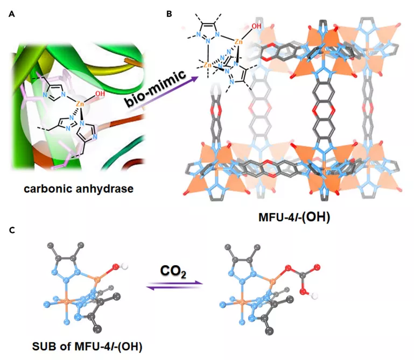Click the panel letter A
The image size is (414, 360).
coord(12,14)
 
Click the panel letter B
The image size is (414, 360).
coord(169,14)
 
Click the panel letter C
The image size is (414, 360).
coord(12,230)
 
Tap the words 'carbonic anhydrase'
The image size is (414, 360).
coord(79,189)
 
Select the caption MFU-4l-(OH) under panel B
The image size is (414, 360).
coord(294,217)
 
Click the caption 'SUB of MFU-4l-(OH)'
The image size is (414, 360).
coord(87,346)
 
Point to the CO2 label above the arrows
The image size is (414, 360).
coord(173,271)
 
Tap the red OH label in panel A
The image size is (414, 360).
coord(100,94)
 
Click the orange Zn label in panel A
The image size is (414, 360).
coord(80,104)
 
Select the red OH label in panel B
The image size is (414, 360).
coord(256,26)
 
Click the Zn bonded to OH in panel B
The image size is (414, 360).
coord(238,41)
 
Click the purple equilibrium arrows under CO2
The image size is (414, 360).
coord(174,285)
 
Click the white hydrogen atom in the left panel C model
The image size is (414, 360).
coord(124,266)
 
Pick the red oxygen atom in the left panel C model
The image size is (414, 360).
coord(116,267)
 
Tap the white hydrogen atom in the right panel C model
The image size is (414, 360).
coord(314,296)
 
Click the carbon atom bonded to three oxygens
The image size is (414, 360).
coord(303,276)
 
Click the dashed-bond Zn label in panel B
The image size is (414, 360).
coord(207,65)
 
